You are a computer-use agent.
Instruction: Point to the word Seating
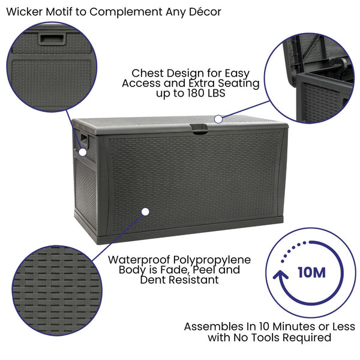pos(235,83)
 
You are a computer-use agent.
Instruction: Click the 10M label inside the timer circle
pos(311,272)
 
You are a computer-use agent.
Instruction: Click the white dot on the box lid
pos(218,119)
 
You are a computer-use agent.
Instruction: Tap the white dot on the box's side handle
pos(83,152)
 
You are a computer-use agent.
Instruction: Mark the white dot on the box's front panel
pos(144,211)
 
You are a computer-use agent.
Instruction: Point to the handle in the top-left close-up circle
pos(51,38)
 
